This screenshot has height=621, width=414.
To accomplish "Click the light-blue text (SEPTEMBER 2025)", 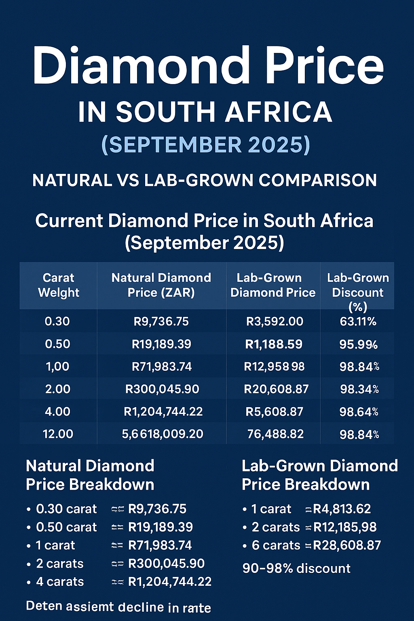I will [206, 145].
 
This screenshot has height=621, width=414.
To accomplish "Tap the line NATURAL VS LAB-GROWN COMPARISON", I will [205, 180].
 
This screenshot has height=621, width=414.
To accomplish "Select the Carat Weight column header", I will [59, 285].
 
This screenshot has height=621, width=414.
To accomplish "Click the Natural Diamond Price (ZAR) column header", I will [161, 285].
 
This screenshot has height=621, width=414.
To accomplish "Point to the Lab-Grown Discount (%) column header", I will [358, 292].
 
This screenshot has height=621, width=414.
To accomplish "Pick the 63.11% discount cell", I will [358, 321].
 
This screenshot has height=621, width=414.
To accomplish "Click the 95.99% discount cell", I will [358, 344].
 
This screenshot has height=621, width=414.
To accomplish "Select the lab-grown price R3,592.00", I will [275, 321].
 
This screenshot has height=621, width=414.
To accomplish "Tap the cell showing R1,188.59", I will [274, 344].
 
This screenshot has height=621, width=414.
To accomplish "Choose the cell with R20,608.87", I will [276, 389].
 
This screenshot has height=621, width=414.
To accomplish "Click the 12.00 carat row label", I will [58, 434].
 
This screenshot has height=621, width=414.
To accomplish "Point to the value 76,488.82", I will [275, 434].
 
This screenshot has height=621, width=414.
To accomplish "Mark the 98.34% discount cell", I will [359, 389].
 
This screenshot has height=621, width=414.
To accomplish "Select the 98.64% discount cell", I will [359, 412].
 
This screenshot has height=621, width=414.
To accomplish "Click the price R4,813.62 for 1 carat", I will [342, 509].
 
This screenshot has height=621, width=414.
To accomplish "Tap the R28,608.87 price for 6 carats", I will [347, 545].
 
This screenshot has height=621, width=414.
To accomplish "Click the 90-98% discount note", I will [296, 568].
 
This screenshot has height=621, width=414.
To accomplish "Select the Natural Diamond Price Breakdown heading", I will [90, 475].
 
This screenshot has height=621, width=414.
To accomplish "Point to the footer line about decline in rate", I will [118, 607].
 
